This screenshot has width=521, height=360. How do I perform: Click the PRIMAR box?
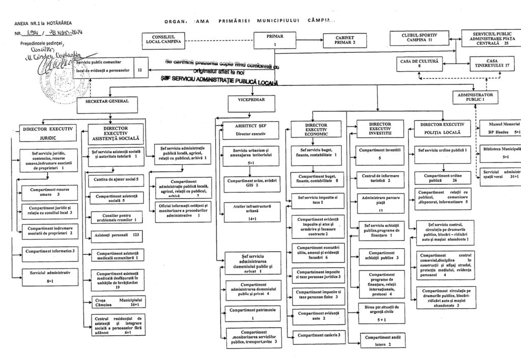click(x=275, y=40)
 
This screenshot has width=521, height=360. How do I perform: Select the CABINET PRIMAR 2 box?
click(x=344, y=40)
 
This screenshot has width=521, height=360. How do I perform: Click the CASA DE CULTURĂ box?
click(x=420, y=63)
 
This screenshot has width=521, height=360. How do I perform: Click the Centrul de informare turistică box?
click(x=380, y=177)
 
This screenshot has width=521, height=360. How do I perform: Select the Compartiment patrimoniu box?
click(x=252, y=313)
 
